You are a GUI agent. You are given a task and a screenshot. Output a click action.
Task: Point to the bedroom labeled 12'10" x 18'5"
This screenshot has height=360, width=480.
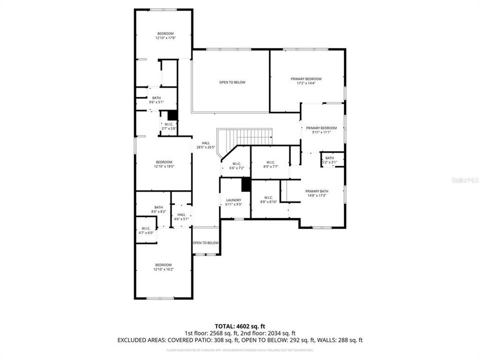coord(163,164)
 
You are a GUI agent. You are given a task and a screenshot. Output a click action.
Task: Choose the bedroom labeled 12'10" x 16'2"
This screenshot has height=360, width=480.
coord(163,267)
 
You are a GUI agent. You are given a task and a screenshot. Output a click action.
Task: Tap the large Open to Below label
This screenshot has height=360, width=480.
coord(232,82)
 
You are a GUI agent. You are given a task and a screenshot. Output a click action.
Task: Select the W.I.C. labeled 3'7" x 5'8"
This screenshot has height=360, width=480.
coord(168,126)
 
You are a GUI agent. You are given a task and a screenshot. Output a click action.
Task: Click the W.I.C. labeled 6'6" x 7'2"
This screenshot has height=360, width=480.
coord(236,165)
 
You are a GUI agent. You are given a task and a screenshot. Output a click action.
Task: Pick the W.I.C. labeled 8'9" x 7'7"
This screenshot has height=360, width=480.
coord(270,164)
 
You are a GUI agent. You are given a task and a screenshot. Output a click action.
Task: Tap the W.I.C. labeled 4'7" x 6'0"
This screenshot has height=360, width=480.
coord(146,230)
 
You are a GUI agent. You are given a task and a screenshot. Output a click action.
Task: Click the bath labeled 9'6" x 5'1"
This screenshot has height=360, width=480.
coord(156,100)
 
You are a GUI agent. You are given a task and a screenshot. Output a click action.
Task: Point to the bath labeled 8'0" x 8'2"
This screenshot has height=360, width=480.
coord(158,209)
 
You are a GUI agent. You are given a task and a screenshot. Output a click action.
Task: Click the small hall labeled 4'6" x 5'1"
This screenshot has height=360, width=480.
coord(181,216)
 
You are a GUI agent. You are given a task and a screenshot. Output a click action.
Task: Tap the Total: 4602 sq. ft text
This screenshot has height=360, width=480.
coord(239,325)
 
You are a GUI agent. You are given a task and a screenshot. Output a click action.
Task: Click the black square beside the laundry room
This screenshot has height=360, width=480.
coord(245,184)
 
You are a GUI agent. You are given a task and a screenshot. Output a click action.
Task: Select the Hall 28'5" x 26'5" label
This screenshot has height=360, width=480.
coord(205,145)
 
